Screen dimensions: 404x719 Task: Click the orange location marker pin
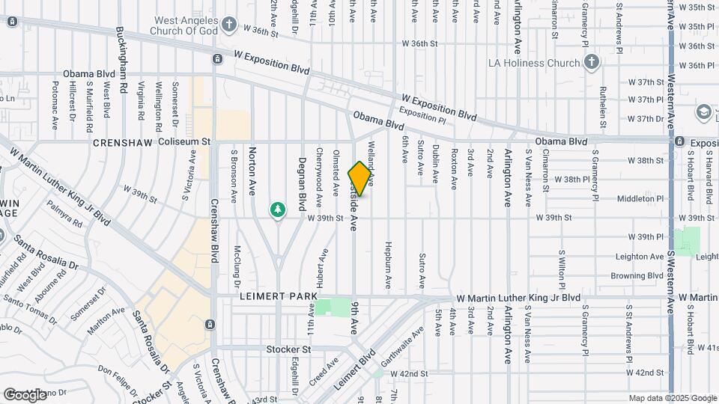click(360, 178)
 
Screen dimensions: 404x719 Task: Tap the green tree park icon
click(278, 209)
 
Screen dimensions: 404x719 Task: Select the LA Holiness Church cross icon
click(592, 61)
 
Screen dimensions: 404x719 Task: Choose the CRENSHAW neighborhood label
click(123, 142)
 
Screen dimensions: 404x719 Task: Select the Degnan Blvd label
click(303, 187)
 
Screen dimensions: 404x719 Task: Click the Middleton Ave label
click(641, 199)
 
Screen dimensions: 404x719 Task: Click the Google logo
click(25, 394)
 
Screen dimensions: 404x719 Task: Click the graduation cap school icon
click(703, 112)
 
